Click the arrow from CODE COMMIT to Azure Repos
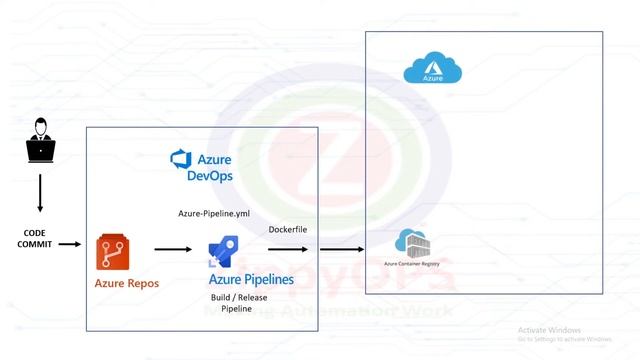tap(70, 243)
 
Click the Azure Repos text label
tap(127, 284)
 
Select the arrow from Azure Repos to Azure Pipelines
tap(172, 250)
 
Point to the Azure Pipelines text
tap(251, 279)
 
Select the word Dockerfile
tap(290, 230)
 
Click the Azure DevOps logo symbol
tap(180, 160)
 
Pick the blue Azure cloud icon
tap(432, 69)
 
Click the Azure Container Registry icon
tap(412, 244)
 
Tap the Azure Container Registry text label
tap(412, 263)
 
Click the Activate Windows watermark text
tap(549, 330)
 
